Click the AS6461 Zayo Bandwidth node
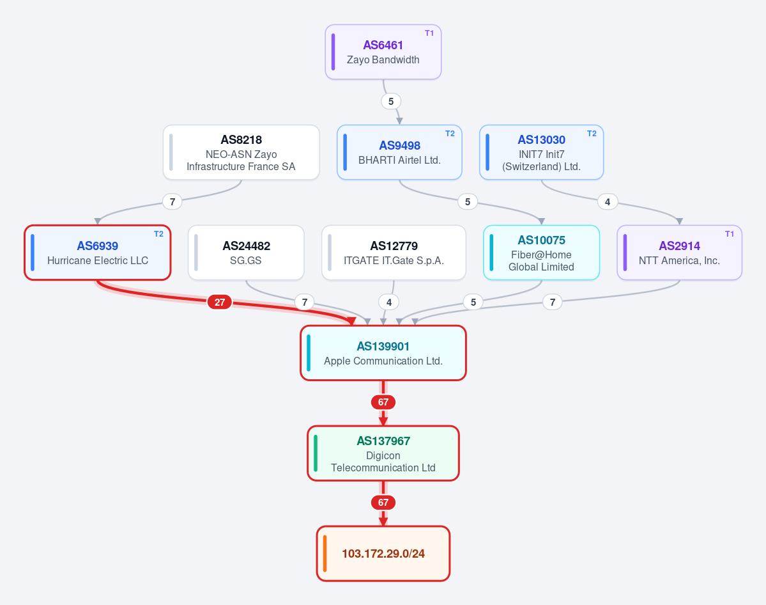383,52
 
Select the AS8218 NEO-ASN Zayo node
241,153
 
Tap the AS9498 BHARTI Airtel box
399,153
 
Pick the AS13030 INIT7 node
541,153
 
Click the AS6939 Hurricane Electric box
98,253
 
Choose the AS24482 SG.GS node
246,253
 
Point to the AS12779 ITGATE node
394,253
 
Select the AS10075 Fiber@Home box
541,253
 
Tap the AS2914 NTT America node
680,253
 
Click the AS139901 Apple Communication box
383,353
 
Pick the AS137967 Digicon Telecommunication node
383,453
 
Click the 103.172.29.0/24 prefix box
383,554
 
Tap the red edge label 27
220,302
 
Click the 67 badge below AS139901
383,402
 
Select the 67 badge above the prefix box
383,503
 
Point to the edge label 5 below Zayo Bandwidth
391,101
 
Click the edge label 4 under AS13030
608,202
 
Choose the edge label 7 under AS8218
172,202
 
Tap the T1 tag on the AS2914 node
730,234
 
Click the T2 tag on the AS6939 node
159,234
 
